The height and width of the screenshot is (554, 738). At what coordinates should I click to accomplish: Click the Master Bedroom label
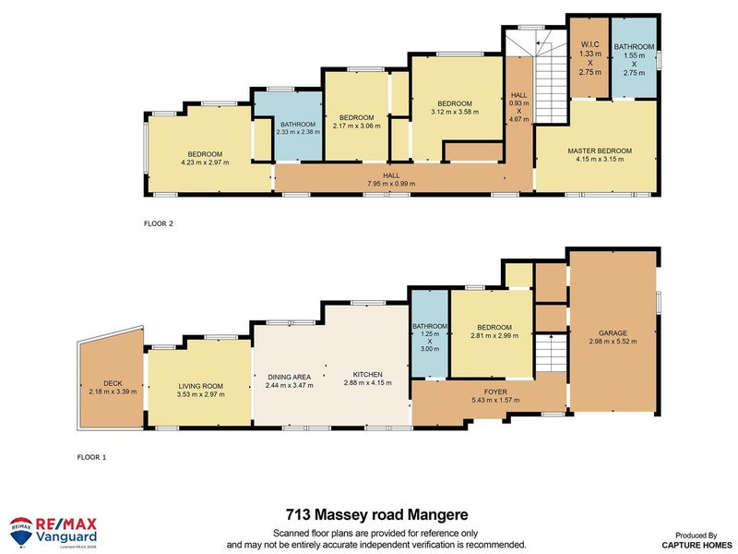pyautogui.click(x=599, y=151)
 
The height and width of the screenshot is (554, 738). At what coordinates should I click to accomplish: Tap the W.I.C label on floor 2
pyautogui.click(x=590, y=43)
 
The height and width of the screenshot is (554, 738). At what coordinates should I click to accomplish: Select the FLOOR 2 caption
pyautogui.click(x=159, y=223)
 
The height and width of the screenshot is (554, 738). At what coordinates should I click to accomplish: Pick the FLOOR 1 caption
pyautogui.click(x=92, y=456)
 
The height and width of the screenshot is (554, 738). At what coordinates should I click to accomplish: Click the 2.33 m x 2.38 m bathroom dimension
pyautogui.click(x=298, y=132)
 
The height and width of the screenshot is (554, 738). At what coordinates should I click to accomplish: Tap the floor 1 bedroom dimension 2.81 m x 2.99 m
pyautogui.click(x=492, y=337)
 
